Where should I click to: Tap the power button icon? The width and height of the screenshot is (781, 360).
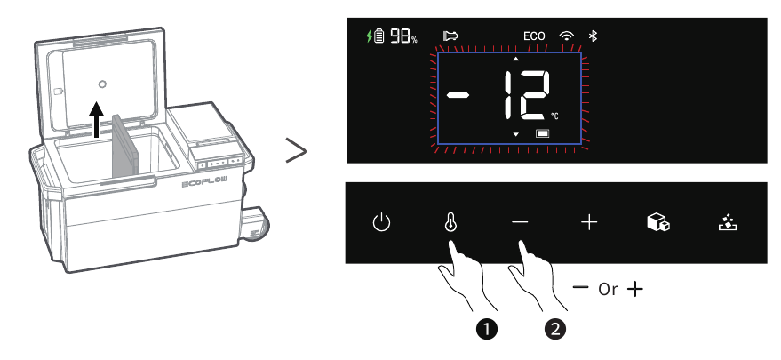381,222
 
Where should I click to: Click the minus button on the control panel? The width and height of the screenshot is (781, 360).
520,222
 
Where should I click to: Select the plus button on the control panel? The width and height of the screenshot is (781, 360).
589,222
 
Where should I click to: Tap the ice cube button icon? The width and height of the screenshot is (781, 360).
658,222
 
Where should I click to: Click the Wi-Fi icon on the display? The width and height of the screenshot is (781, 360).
566,36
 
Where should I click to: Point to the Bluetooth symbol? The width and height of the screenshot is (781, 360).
593,36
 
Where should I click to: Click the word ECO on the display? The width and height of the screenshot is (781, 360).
534,36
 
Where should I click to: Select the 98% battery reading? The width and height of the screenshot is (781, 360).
403,36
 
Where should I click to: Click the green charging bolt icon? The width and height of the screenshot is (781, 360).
369,36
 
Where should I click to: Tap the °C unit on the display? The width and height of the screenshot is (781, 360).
554,116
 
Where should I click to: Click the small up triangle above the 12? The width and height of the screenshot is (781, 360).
516,59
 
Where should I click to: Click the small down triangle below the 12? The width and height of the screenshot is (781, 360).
516,134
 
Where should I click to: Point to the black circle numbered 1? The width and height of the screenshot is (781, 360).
487,329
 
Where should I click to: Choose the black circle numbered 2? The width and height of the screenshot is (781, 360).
555,329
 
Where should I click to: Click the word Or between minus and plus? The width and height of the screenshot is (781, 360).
608,289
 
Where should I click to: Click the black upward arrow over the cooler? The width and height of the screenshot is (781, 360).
97,119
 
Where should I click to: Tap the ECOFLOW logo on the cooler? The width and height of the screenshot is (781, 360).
205,182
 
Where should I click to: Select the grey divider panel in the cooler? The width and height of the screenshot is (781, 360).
125,146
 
